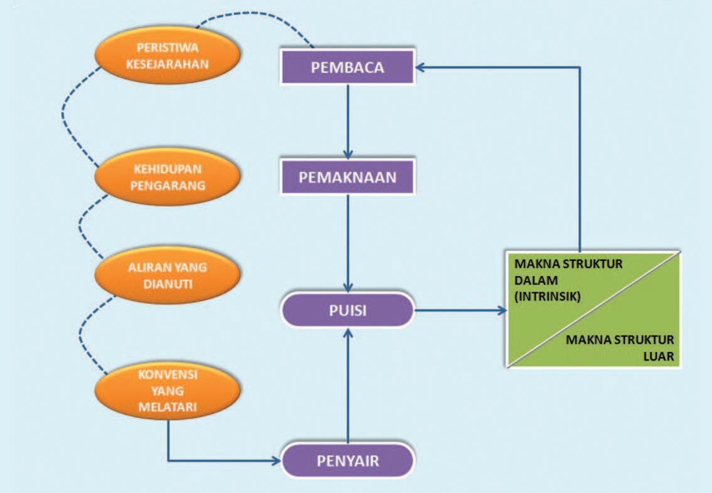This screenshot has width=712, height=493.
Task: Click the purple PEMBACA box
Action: coord(347,67)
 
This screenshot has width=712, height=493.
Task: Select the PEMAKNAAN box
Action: coord(347,177)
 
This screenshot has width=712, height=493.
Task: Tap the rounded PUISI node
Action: coord(347,310)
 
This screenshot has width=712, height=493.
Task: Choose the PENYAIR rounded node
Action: coord(347,461)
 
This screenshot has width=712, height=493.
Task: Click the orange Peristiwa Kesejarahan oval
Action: coord(167,56)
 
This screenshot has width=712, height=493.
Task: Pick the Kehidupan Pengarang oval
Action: coord(167,177)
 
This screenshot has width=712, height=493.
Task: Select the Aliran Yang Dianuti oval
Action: coord(167,275)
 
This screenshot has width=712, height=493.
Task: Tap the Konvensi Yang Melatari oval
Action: coord(167,391)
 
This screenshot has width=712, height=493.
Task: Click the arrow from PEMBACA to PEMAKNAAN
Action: coord(348,122)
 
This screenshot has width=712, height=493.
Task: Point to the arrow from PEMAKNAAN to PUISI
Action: coord(348,243)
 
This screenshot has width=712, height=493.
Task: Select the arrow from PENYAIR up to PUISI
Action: coord(348,386)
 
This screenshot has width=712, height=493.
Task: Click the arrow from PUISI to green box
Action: coord(460,310)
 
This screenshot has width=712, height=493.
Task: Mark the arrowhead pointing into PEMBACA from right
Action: coord(419,68)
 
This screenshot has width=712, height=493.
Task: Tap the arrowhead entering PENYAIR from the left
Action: coord(276,461)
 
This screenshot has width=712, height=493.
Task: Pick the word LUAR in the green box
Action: coord(659,356)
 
